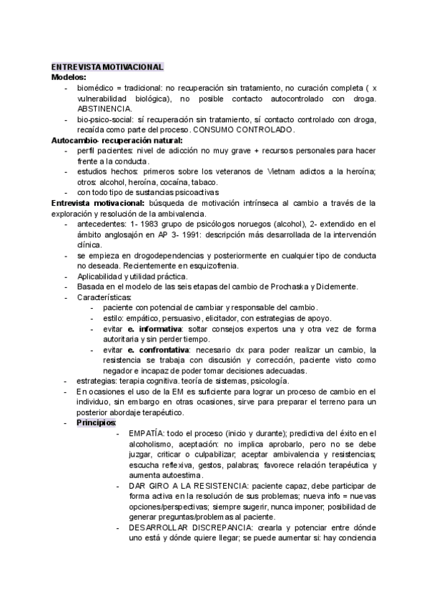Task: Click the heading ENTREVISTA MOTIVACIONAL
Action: coord(108,66)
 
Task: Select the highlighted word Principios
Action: coord(97,423)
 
